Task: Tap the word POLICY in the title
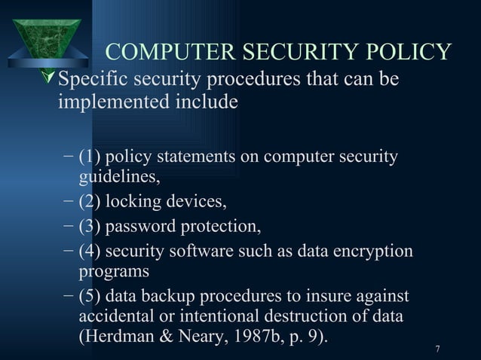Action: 404,52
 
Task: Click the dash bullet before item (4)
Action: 68,250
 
